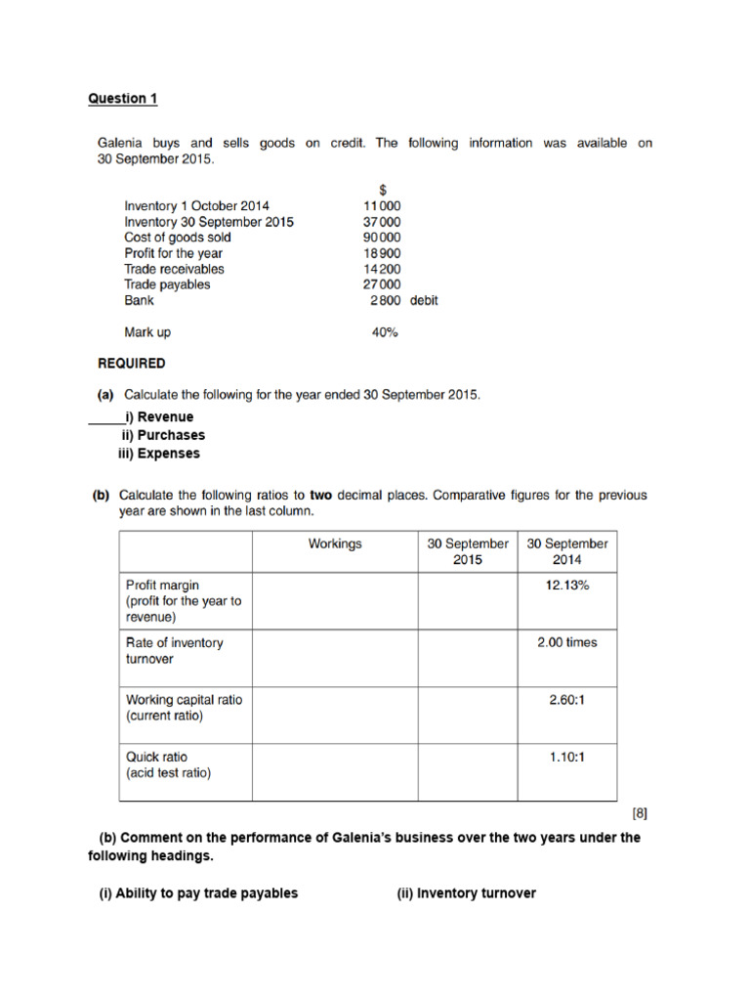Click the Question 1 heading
(x=122, y=99)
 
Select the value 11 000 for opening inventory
(x=381, y=206)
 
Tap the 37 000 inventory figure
(x=381, y=222)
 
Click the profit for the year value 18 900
(x=381, y=253)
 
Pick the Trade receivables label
(x=174, y=269)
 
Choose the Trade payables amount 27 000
(x=381, y=284)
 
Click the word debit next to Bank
(x=424, y=300)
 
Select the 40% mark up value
(x=385, y=332)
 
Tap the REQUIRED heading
(x=132, y=364)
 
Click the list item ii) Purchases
(x=163, y=435)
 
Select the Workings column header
(x=335, y=544)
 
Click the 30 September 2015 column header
(x=468, y=551)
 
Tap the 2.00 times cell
(x=567, y=642)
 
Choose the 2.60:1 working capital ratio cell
(x=567, y=699)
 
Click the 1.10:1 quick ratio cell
(x=567, y=756)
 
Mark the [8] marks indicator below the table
(x=639, y=812)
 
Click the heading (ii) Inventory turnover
(x=466, y=892)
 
